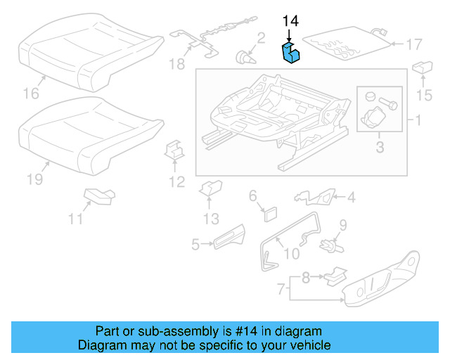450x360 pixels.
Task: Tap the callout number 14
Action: tap(290, 21)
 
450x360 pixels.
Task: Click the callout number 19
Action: tap(35, 180)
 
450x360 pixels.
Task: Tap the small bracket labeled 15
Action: tap(423, 67)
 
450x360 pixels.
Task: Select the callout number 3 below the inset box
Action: tap(380, 147)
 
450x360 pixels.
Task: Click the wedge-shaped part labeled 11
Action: tap(98, 195)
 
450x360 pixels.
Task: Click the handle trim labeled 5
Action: tap(228, 240)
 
